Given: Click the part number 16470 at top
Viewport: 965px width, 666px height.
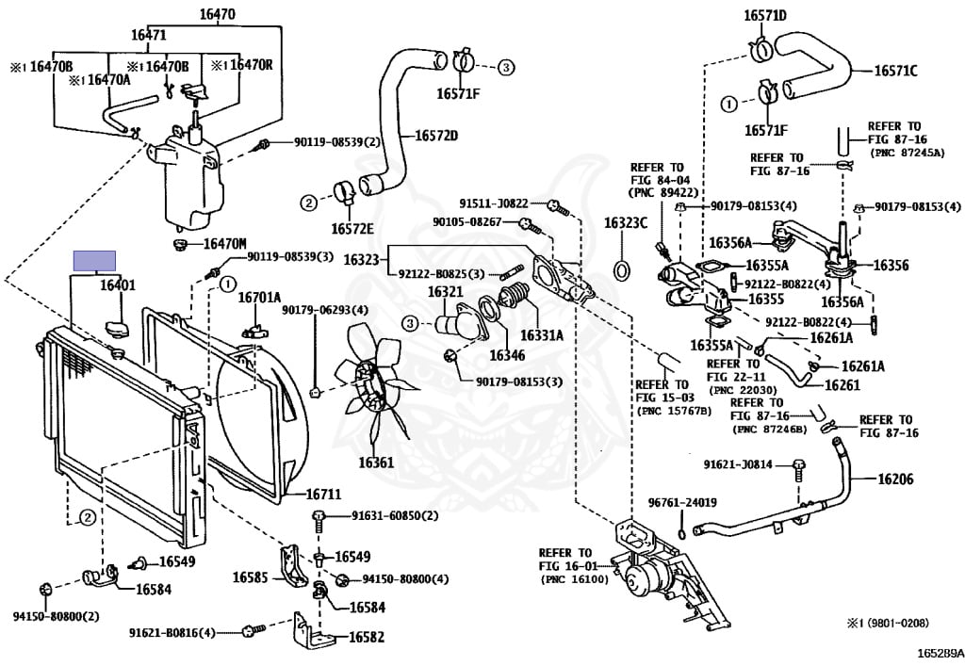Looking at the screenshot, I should point(217,13).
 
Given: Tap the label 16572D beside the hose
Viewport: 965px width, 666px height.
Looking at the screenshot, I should point(436,135).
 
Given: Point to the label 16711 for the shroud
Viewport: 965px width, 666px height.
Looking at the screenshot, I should point(323,494).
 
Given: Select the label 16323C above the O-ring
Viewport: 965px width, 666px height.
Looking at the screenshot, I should point(626,223).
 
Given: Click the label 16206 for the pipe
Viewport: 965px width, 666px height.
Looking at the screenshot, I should point(895,479).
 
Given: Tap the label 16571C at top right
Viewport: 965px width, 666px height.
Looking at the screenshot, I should point(895,71).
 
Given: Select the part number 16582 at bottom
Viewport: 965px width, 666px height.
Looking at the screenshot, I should point(367,637).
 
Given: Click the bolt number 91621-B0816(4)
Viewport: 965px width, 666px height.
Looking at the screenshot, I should point(172,632).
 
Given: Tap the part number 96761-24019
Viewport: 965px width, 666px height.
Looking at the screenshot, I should point(682,502).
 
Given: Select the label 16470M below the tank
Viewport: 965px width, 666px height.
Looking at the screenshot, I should point(225,244).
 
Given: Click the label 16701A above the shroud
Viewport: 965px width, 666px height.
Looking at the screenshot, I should point(259,298).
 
